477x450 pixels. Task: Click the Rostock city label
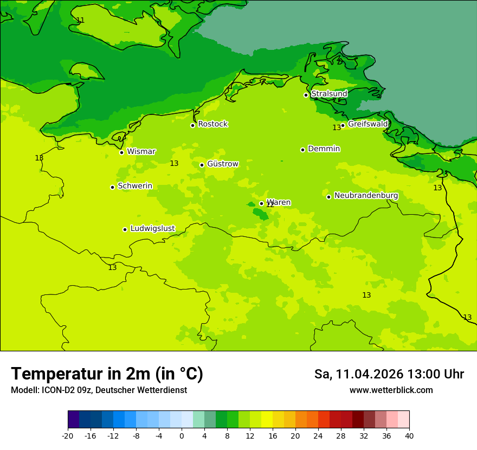[212, 124]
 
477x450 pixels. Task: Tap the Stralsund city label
[329, 94]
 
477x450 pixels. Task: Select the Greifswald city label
[368, 124]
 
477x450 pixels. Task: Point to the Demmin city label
[324, 149]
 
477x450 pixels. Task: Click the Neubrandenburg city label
[366, 196]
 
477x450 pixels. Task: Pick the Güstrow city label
[222, 164]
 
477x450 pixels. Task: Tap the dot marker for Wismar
[122, 152]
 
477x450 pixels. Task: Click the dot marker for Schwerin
[113, 187]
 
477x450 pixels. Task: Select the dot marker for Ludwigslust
[125, 229]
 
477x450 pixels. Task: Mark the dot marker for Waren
[261, 203]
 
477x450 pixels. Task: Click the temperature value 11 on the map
[80, 20]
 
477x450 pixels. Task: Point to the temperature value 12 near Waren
[270, 205]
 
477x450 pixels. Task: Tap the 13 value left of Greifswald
[337, 127]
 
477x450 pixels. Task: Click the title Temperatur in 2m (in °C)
[107, 374]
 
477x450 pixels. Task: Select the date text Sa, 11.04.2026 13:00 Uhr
[389, 374]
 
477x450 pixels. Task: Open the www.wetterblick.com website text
[391, 390]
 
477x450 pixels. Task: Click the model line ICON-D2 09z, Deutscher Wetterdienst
[99, 390]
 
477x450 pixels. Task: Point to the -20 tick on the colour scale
[68, 436]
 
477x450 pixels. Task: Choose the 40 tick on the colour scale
[409, 436]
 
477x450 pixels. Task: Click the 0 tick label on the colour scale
[182, 436]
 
